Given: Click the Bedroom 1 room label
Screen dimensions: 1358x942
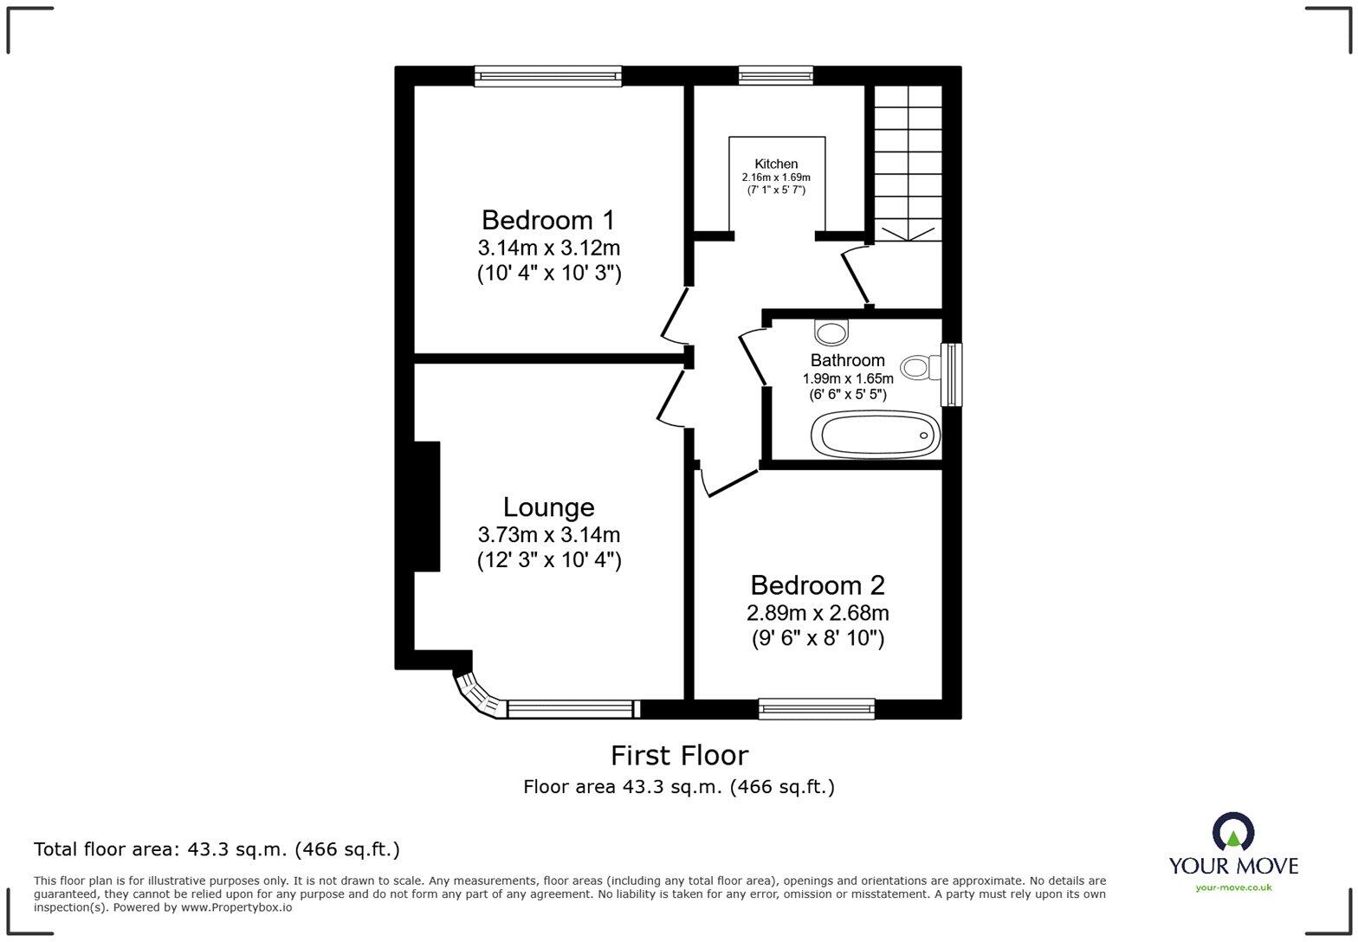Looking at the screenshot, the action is pos(549,220).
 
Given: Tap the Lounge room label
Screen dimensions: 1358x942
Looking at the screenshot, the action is pos(549,507).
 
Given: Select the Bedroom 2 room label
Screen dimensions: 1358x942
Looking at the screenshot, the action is pos(818,585).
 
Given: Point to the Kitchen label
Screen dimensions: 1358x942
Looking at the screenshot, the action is pos(776,164).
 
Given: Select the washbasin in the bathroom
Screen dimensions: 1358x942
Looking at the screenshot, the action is pos(831,332).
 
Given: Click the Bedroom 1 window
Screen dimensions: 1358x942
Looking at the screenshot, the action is pos(548,76).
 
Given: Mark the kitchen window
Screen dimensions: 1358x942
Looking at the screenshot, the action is pos(776,76).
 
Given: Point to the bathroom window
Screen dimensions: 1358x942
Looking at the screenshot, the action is pos(951,375).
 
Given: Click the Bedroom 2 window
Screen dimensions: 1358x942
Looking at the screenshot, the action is pos(817,708).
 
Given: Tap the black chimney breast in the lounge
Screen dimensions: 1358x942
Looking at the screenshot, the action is pos(427,506).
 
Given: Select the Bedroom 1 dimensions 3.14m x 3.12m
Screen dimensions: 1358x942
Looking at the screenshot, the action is pos(549,248).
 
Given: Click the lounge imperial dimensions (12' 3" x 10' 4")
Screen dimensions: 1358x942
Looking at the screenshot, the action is pos(549,559).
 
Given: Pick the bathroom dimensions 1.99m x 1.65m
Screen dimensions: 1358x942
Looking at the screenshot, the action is pos(848,379).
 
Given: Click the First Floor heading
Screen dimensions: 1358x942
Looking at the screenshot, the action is pos(679,756).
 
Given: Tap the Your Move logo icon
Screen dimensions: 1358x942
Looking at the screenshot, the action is pos(1233,831).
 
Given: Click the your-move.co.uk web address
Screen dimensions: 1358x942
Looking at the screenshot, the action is pos(1233,887).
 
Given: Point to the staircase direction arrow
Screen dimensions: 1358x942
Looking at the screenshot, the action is pos(908,235).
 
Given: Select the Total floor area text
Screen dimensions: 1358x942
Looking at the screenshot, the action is pos(217,849).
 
